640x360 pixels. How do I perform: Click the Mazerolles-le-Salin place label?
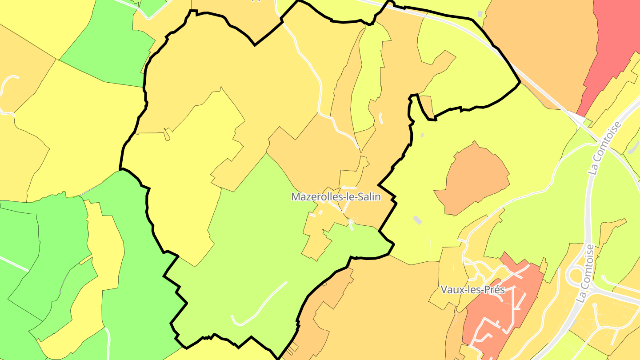336,196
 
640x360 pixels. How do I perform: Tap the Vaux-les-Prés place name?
472,289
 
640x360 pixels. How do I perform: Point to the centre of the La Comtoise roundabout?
576,275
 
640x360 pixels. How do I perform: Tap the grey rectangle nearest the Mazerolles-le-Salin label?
417,220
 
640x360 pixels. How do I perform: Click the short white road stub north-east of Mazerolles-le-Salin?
381,118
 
